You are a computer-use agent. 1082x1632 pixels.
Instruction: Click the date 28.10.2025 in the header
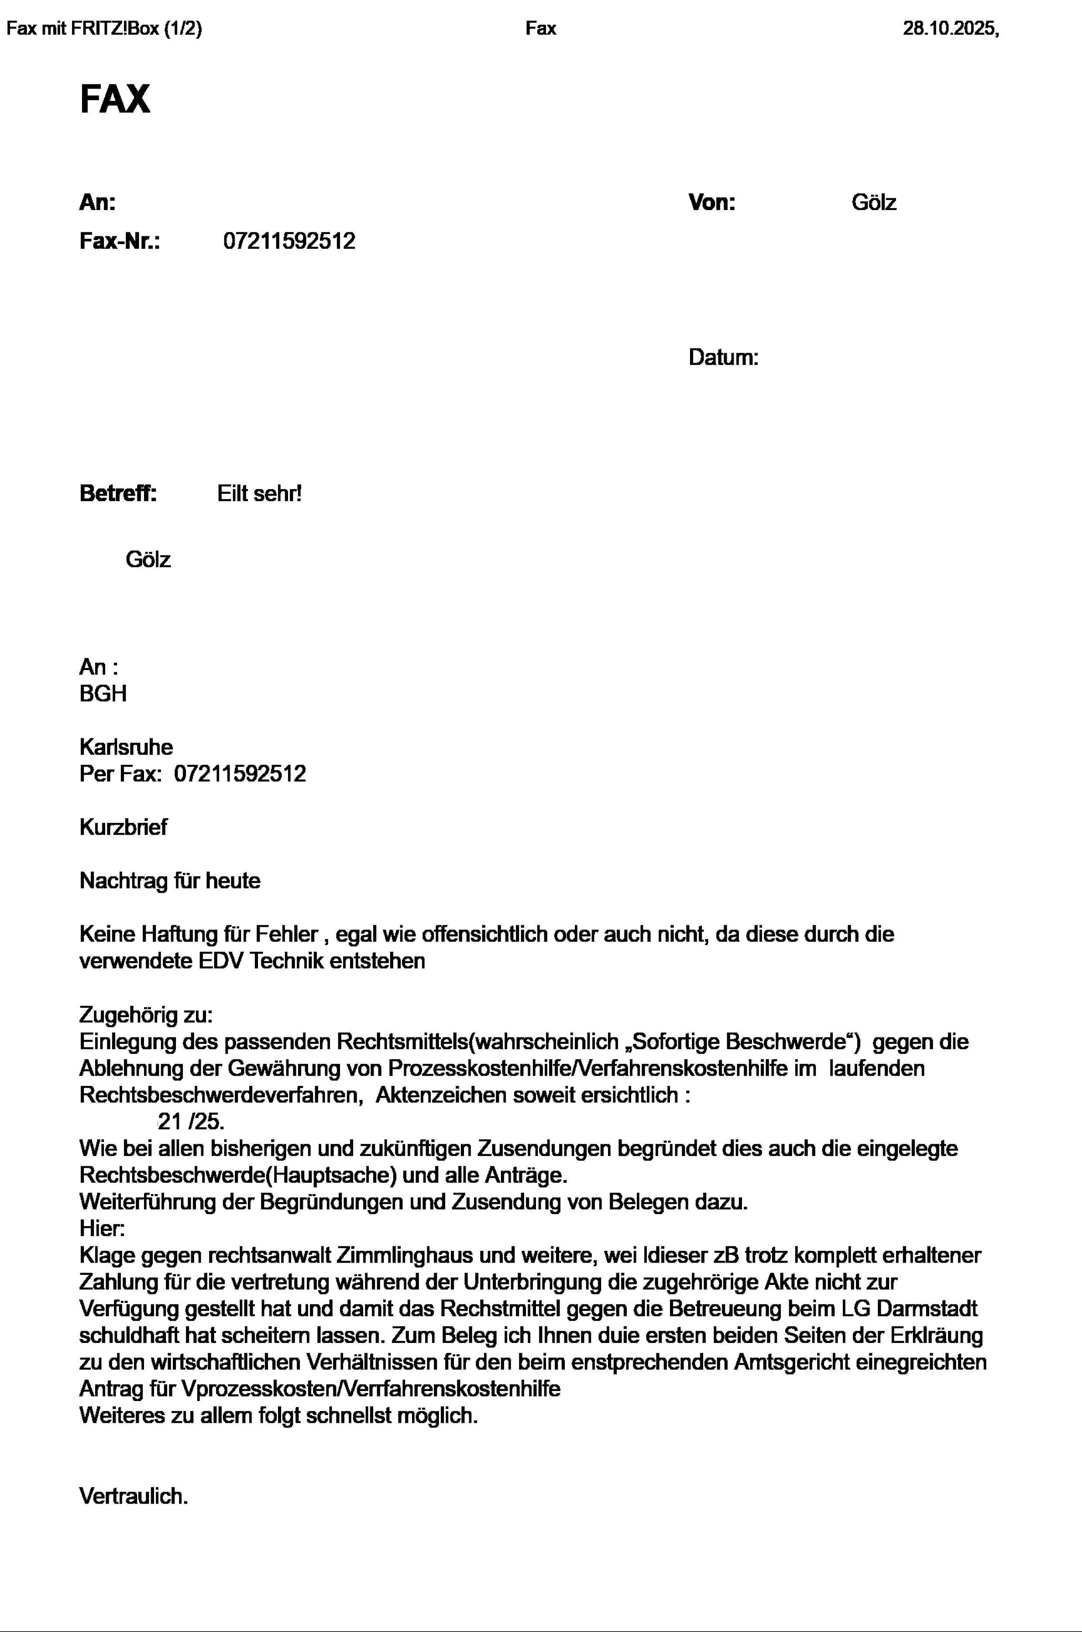[949, 29]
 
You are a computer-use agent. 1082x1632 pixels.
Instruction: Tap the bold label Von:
[711, 203]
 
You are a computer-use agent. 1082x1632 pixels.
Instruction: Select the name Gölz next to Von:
[874, 203]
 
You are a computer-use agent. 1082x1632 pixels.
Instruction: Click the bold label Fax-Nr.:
[120, 241]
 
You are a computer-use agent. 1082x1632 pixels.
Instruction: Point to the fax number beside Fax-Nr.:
[289, 241]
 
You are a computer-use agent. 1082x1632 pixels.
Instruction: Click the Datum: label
[723, 358]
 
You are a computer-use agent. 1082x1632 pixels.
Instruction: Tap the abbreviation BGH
[103, 693]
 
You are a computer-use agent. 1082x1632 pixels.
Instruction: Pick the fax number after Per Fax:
[240, 774]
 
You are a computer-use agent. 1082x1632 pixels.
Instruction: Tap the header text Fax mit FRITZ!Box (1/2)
[104, 29]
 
